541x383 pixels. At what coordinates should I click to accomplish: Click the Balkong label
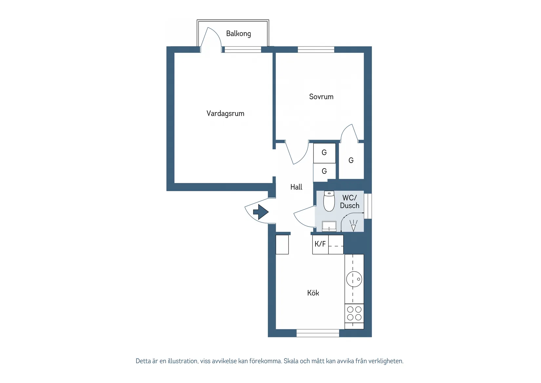tap(238, 34)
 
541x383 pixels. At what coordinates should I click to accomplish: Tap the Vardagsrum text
tap(225, 114)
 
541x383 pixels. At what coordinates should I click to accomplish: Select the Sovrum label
tap(321, 97)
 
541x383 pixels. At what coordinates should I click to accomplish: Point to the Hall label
tap(296, 187)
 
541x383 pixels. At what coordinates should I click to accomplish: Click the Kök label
tap(313, 293)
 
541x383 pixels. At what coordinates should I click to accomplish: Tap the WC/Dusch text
tap(350, 202)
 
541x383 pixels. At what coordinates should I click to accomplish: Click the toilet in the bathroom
tap(329, 201)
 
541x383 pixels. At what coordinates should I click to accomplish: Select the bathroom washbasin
tap(329, 226)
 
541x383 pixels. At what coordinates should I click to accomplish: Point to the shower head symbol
tap(353, 226)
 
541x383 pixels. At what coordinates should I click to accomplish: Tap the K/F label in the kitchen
tap(320, 244)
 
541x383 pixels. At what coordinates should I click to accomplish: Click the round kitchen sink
tap(354, 279)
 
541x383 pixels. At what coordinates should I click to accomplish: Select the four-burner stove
tap(354, 313)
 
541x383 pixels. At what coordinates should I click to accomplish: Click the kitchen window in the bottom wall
tap(318, 333)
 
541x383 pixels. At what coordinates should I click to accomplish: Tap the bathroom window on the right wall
tap(368, 206)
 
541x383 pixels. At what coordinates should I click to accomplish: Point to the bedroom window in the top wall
tap(316, 50)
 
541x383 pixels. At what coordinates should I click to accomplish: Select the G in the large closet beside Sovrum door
tap(351, 160)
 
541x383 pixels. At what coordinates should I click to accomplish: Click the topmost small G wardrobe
tap(324, 152)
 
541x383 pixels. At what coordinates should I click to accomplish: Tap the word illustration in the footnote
tap(183, 361)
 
